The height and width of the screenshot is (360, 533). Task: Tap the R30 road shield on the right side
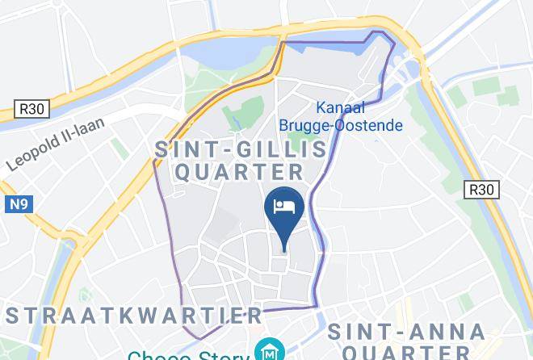(x=481, y=190)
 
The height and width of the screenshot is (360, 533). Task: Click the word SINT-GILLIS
(x=241, y=149)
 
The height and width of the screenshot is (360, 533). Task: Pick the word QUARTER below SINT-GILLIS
(x=240, y=171)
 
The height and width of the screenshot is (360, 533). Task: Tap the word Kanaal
(x=341, y=107)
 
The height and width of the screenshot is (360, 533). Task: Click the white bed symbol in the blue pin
(x=284, y=207)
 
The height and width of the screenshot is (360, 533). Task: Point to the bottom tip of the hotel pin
(x=284, y=249)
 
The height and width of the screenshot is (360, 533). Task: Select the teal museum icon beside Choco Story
(x=266, y=350)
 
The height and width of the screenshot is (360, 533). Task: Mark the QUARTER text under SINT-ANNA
(x=406, y=353)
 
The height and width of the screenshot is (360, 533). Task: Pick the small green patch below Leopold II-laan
(x=120, y=149)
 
